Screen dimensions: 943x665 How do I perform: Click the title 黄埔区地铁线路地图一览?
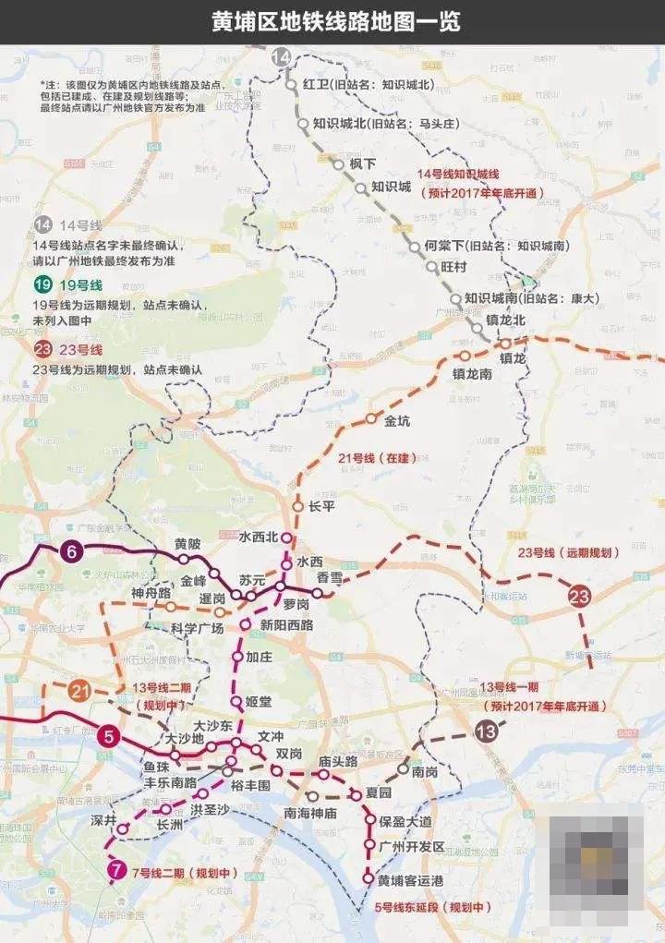pyautogui.click(x=332, y=20)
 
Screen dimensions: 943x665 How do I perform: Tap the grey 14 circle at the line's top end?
pyautogui.click(x=281, y=59)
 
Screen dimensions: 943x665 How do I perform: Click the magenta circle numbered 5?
pyautogui.click(x=109, y=736)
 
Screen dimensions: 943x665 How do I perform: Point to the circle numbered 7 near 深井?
pyautogui.click(x=116, y=869)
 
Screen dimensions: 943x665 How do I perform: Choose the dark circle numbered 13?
pyautogui.click(x=486, y=731)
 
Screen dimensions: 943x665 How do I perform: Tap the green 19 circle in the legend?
pyautogui.click(x=42, y=285)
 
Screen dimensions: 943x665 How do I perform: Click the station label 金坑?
pyautogui.click(x=397, y=420)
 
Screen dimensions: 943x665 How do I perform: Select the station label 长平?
pyautogui.click(x=321, y=506)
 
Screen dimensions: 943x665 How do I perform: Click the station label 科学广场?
pyautogui.click(x=198, y=628)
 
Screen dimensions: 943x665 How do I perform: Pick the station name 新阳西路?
pyautogui.click(x=286, y=625)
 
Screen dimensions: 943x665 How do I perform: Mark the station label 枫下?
pyautogui.click(x=362, y=163)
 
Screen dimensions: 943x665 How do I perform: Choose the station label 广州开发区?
pyautogui.click(x=412, y=846)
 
